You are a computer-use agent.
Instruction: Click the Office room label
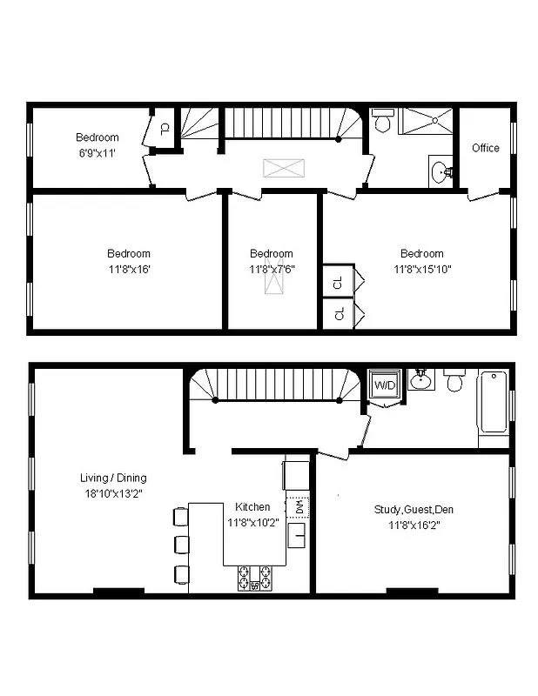point(485,148)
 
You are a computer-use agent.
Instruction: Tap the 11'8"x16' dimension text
point(128,269)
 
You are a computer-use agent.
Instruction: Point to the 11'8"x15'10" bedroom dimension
point(421,269)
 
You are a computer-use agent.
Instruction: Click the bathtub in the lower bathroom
point(493,402)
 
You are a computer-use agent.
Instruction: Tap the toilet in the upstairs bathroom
point(382,122)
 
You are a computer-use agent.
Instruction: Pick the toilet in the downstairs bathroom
point(454,381)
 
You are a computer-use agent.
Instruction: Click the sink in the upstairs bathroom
point(440,171)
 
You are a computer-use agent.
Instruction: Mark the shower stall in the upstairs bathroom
point(426,121)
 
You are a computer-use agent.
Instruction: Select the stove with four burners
point(254,578)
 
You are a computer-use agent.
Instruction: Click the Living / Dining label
point(113,478)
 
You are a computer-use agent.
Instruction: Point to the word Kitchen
point(252,506)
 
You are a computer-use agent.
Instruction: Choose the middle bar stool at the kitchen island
point(180,545)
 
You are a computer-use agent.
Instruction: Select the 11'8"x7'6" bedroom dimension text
point(271,269)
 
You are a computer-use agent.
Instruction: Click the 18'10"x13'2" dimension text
point(113,493)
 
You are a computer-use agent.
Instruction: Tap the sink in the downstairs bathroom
point(420,378)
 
